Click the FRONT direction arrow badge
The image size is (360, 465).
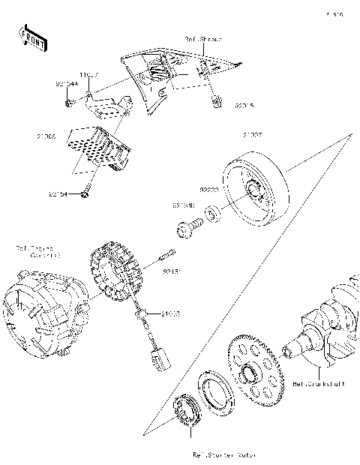click(31, 37)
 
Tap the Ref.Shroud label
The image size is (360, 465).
click(203, 38)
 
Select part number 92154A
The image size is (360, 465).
click(67, 85)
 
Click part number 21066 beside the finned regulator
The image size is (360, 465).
click(46, 137)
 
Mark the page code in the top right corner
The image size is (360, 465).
click(334, 14)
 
